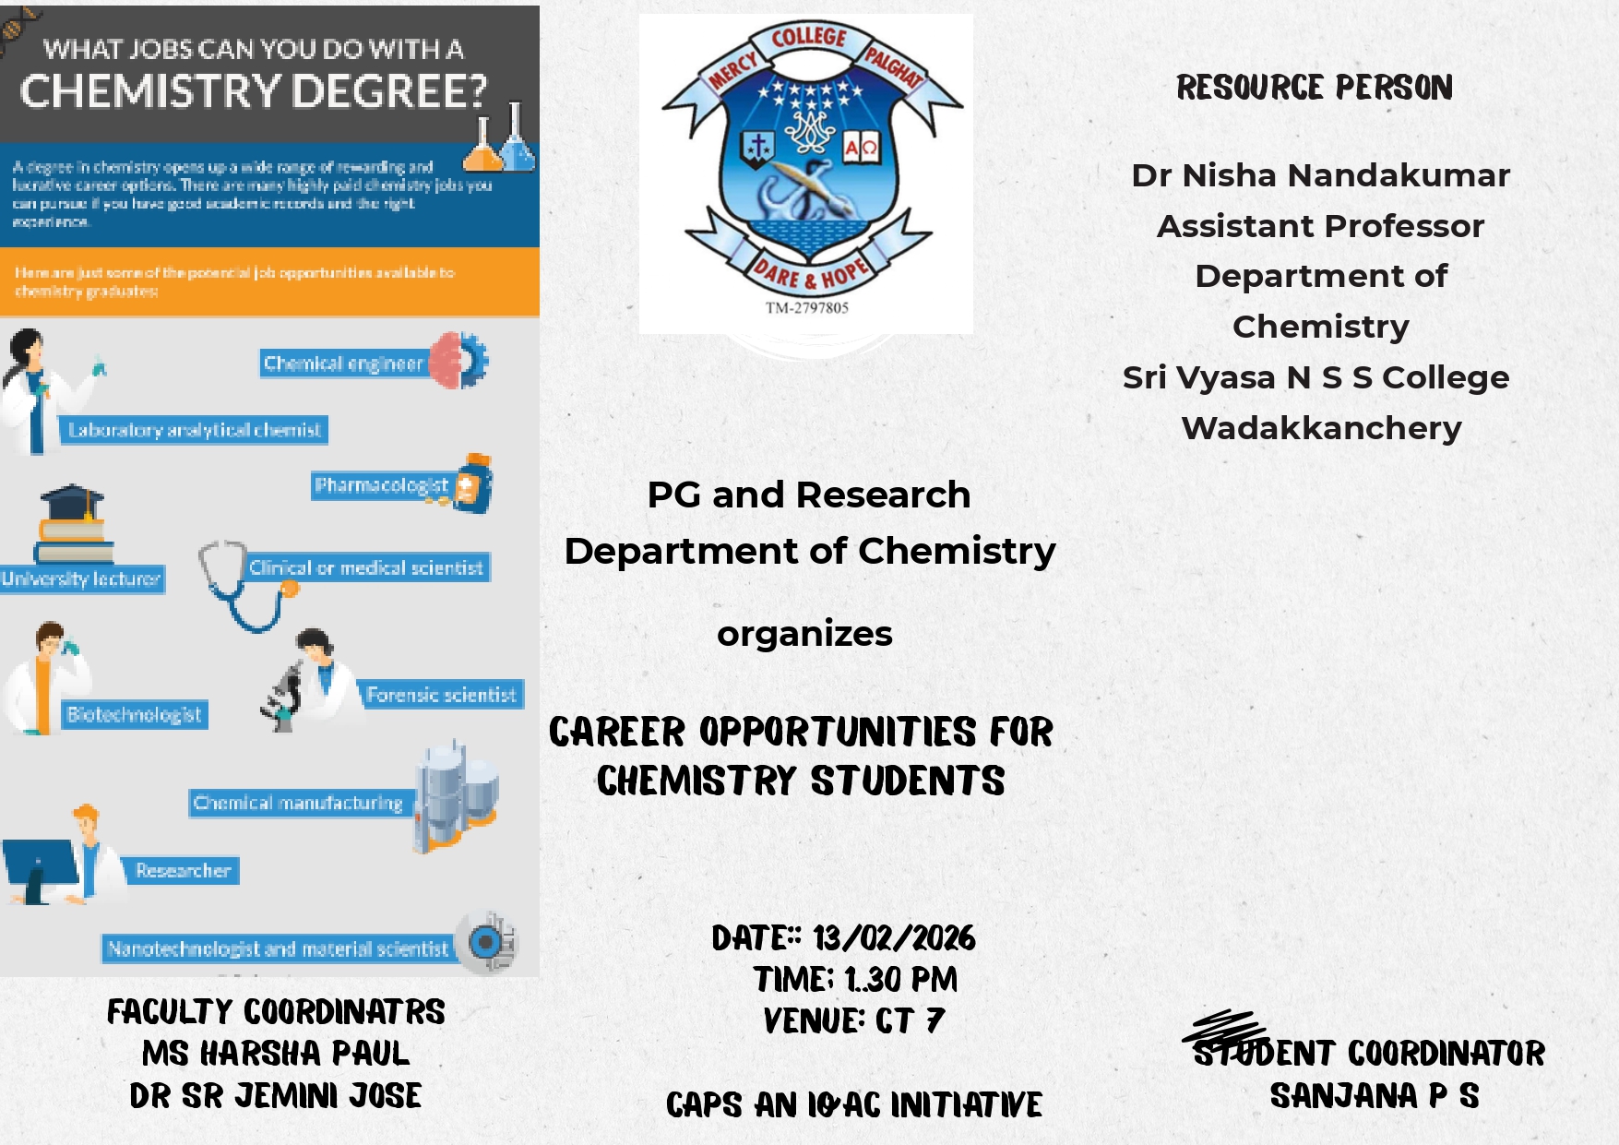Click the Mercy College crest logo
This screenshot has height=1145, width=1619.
tap(806, 166)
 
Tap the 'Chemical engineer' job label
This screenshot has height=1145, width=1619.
tap(343, 364)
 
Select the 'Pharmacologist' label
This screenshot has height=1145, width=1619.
tap(381, 485)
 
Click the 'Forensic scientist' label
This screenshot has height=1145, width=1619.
tap(441, 695)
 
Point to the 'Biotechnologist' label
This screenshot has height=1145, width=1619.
tap(135, 715)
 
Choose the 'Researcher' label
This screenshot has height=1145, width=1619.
tap(183, 871)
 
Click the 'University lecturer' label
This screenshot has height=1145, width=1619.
tap(81, 579)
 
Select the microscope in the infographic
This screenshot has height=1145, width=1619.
tap(284, 697)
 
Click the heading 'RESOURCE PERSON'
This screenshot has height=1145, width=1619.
tap(1315, 88)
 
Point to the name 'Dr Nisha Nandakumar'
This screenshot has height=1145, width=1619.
tap(1320, 175)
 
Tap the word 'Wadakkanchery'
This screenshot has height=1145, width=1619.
tap(1321, 428)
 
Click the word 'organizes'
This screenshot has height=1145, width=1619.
tap(804, 634)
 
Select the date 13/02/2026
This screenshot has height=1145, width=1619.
tap(894, 938)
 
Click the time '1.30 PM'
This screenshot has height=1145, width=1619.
tap(900, 979)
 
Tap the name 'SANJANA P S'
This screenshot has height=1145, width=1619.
tap(1375, 1096)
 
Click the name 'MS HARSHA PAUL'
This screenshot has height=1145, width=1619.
tap(275, 1054)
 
